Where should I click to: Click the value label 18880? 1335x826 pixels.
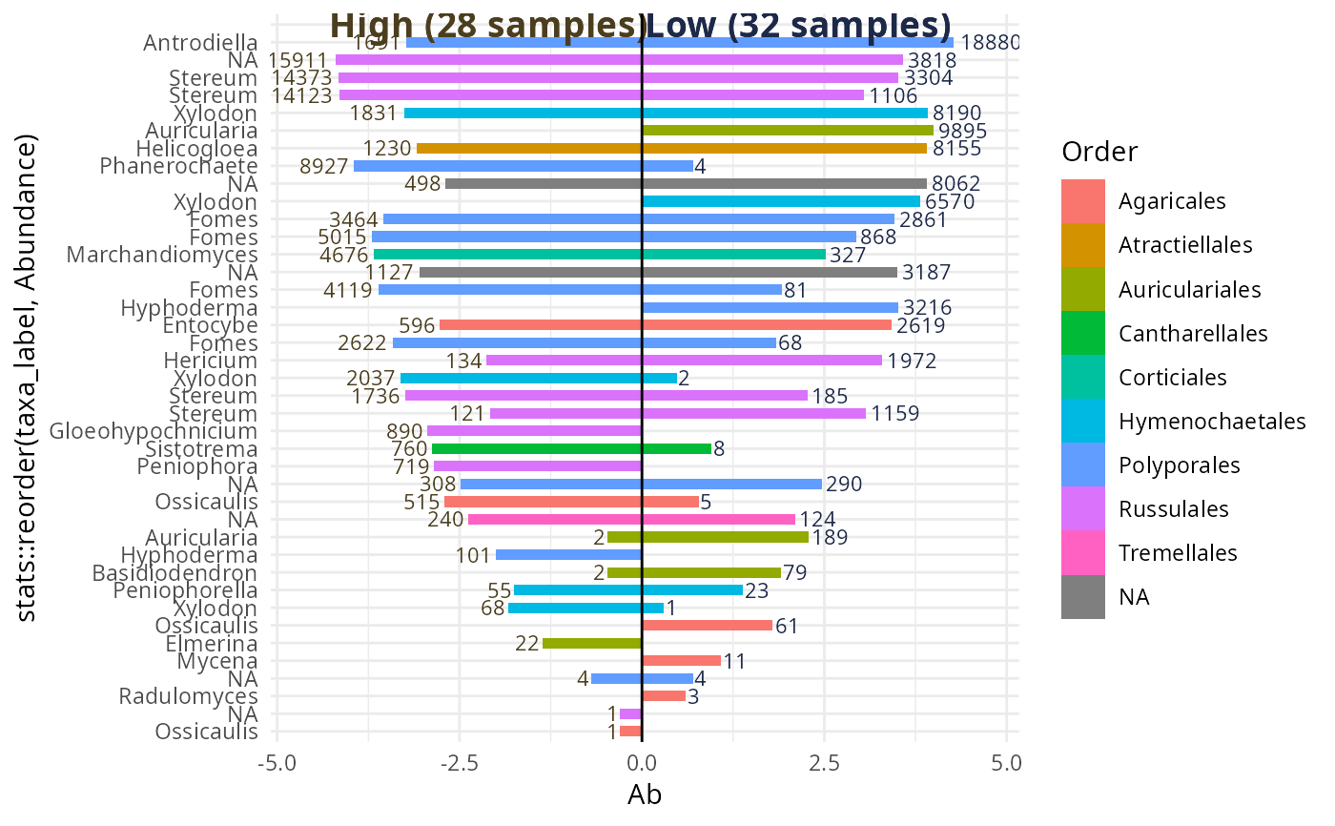click(x=990, y=43)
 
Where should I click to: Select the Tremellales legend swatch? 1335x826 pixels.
click(x=1083, y=553)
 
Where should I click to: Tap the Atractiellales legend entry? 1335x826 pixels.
click(x=1185, y=245)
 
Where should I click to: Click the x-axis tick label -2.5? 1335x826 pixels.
click(x=459, y=763)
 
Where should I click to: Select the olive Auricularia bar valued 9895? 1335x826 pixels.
click(x=788, y=131)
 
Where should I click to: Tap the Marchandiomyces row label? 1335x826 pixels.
click(x=163, y=255)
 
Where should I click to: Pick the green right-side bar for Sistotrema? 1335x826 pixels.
click(x=676, y=448)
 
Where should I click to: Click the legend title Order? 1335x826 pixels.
click(x=1099, y=153)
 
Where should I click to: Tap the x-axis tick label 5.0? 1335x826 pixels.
click(x=1006, y=763)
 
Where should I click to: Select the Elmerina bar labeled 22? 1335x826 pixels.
click(x=592, y=644)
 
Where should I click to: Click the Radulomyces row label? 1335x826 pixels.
click(x=188, y=696)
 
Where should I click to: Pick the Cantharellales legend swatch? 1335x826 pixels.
click(x=1083, y=334)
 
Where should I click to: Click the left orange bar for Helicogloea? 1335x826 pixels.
click(x=529, y=149)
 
